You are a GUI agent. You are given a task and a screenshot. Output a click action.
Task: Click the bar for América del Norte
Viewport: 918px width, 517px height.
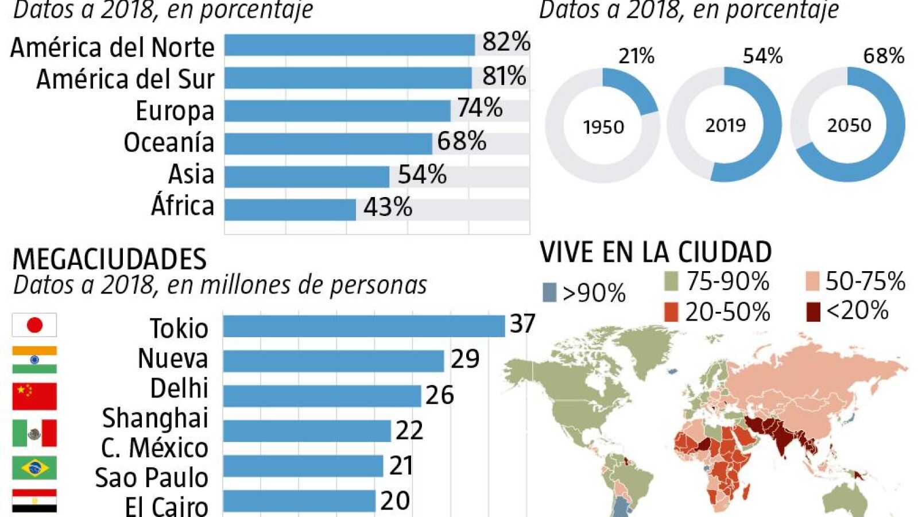click(350, 45)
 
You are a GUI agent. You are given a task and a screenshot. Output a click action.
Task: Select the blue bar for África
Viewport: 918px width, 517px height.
click(290, 210)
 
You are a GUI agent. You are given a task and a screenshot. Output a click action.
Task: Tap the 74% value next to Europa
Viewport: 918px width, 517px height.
click(480, 107)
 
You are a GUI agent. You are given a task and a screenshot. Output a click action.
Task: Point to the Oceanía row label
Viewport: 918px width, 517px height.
click(169, 142)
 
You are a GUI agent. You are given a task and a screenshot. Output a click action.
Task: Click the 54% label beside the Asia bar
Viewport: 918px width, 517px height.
click(422, 174)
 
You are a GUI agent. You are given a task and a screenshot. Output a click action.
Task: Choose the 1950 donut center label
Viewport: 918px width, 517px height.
click(603, 127)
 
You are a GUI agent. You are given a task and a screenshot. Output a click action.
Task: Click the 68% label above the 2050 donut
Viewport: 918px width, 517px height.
click(884, 56)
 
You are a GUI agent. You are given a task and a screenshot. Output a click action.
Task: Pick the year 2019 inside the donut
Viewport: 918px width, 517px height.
click(725, 125)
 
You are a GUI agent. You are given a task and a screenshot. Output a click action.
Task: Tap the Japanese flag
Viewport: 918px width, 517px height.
click(34, 325)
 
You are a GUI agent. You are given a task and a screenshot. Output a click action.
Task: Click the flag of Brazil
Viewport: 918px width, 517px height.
click(34, 468)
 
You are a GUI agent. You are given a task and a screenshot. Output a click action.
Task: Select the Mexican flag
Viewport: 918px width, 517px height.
click(34, 433)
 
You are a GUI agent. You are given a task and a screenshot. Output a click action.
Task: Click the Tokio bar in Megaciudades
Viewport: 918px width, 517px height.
click(364, 326)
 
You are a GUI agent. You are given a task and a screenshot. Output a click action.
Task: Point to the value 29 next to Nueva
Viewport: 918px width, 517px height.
click(465, 359)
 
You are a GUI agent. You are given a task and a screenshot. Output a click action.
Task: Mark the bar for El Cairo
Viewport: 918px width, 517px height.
click(299, 501)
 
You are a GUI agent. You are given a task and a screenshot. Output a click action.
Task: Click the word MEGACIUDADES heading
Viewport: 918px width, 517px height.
click(110, 259)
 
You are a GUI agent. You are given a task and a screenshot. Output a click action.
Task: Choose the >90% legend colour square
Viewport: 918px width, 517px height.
click(549, 293)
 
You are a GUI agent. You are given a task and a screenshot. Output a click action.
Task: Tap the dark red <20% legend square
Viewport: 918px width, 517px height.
click(813, 312)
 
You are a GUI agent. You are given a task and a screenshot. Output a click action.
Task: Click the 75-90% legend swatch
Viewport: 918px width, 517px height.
click(671, 281)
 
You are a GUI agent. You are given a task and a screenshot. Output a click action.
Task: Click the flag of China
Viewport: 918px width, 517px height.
click(34, 396)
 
